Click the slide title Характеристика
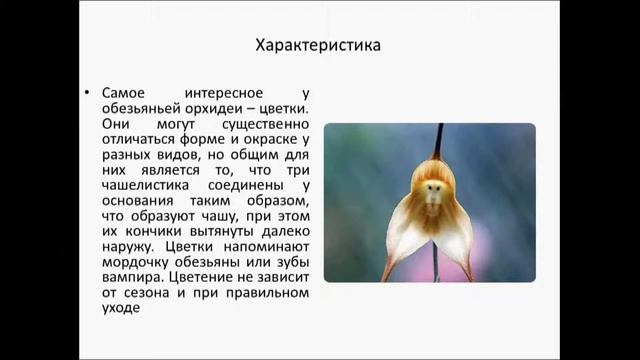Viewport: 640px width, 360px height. click(x=319, y=46)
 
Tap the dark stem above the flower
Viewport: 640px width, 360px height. click(x=438, y=140)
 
